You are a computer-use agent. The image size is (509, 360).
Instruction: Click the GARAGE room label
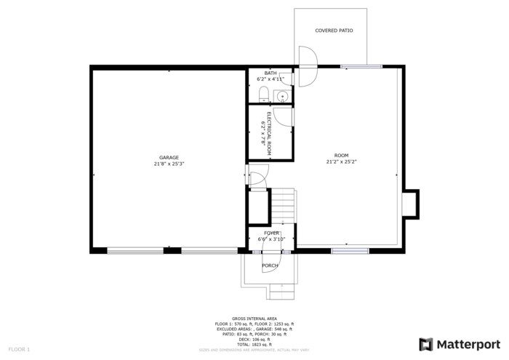(x=169, y=158)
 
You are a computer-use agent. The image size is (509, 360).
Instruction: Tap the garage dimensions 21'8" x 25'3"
(x=169, y=164)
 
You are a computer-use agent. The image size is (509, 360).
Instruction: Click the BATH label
(x=270, y=73)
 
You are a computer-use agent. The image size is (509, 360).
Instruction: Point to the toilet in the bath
(x=265, y=94)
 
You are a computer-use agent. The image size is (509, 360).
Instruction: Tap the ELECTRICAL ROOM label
(x=268, y=135)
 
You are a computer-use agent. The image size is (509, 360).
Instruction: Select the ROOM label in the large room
(x=341, y=156)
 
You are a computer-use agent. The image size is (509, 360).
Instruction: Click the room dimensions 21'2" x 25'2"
(x=341, y=162)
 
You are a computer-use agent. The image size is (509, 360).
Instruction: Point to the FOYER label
(x=271, y=233)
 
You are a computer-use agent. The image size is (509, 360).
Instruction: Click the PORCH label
(x=270, y=265)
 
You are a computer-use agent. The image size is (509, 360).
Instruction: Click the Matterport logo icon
(x=426, y=344)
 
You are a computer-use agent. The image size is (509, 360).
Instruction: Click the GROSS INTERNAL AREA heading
(x=254, y=319)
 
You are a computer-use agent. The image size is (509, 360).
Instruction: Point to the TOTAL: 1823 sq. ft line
(x=254, y=344)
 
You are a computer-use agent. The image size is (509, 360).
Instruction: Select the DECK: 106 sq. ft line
(x=254, y=339)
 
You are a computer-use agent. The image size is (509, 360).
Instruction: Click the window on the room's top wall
(x=361, y=67)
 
